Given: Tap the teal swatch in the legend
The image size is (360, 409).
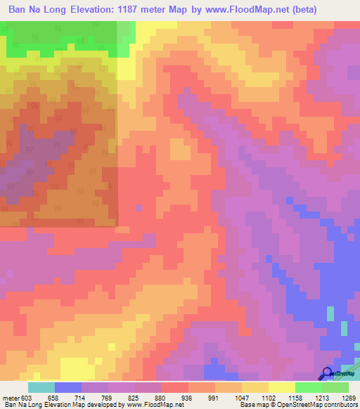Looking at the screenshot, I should (x=41, y=388).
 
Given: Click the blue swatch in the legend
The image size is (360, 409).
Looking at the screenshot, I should (x=68, y=388).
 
